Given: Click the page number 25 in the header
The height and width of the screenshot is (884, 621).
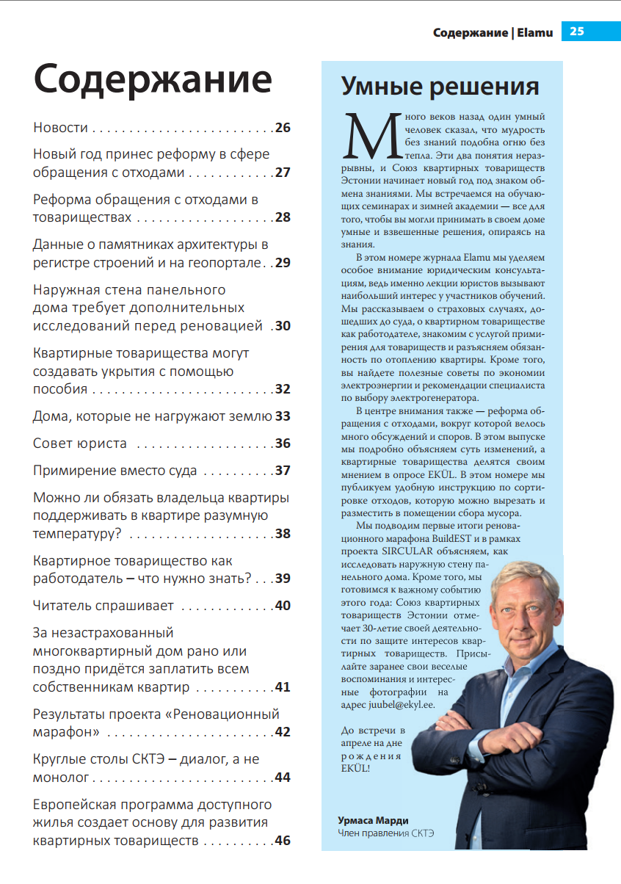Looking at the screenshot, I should click(x=576, y=32).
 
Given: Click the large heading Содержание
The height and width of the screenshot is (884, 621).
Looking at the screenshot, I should click(x=153, y=79).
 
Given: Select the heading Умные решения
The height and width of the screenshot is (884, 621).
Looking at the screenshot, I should click(x=440, y=86).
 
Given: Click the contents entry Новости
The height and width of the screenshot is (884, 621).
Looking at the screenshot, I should click(x=60, y=128).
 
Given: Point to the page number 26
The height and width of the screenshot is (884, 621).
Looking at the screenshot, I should click(x=283, y=128).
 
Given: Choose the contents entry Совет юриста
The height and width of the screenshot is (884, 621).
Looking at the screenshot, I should click(x=80, y=443).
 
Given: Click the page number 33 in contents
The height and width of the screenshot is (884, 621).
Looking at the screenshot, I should click(x=283, y=416).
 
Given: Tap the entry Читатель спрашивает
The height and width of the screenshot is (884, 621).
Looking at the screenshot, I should click(x=103, y=606).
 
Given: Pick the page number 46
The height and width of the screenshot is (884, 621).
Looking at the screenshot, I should click(x=283, y=841).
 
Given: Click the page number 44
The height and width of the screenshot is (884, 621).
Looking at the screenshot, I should click(x=283, y=778).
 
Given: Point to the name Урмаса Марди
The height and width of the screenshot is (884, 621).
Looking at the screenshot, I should click(x=372, y=820).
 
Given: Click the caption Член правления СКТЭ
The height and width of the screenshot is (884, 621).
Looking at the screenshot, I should click(x=385, y=833).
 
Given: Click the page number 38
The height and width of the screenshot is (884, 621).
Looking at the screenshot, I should click(x=283, y=534).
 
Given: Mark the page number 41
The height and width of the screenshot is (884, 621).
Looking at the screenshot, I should click(x=283, y=688).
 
